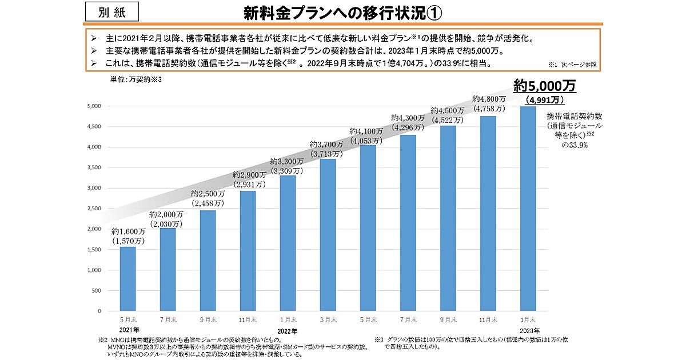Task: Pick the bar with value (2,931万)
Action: click(x=248, y=251)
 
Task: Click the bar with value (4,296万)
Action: click(x=408, y=223)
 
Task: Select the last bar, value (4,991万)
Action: click(x=528, y=209)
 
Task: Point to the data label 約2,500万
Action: click(x=208, y=193)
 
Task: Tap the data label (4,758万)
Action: click(x=489, y=108)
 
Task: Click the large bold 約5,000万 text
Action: click(x=544, y=86)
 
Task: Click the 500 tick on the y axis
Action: click(x=96, y=290)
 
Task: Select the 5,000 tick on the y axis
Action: click(x=94, y=106)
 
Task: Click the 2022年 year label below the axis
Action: click(x=288, y=331)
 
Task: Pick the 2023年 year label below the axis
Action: click(x=528, y=331)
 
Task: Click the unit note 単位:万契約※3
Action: click(x=137, y=79)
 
